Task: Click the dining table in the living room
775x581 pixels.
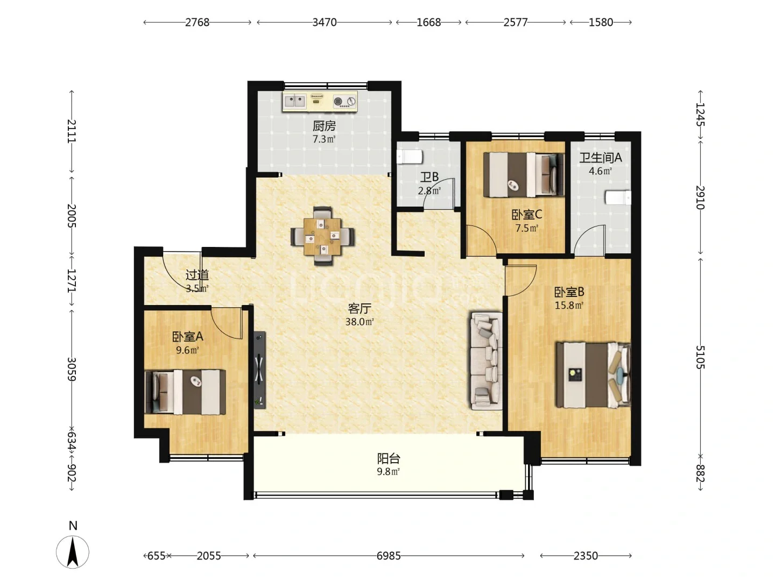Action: [322, 236]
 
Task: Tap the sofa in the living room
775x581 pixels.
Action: [487, 360]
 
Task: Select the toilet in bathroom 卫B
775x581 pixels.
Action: [410, 157]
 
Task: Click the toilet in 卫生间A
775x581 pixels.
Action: [618, 197]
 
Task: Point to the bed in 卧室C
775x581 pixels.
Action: [524, 175]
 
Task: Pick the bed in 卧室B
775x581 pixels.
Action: [593, 374]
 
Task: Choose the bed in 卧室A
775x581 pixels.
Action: [185, 392]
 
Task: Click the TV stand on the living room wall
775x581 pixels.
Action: [259, 370]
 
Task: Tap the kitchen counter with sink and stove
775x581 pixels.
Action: [320, 101]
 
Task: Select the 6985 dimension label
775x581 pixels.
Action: [389, 556]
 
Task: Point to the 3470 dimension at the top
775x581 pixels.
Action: [325, 22]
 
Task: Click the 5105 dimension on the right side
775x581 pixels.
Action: [700, 357]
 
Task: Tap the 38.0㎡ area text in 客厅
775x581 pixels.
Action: [360, 322]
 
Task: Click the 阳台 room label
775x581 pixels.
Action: [389, 458]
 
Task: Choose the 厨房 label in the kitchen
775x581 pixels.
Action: [324, 126]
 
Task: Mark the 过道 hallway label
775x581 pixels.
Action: [198, 275]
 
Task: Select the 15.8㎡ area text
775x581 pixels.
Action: [569, 305]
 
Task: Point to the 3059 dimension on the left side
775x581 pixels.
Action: [72, 370]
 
